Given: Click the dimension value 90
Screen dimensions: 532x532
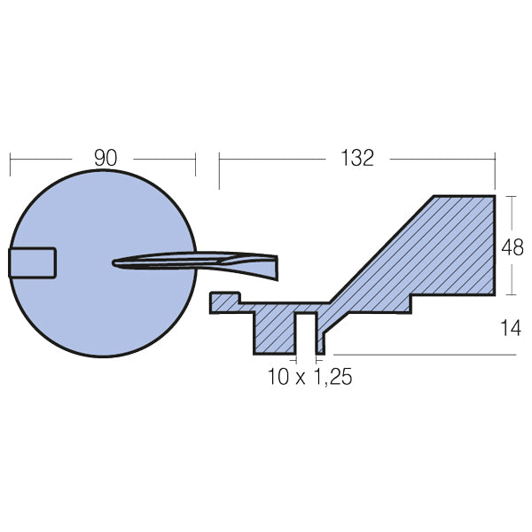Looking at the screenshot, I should tap(105, 158).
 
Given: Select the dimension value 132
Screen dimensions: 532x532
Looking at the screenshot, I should tap(356, 158).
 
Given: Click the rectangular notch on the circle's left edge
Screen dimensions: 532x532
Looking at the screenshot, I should tap(33, 263).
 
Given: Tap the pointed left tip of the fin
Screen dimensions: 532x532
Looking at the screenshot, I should tap(116, 262).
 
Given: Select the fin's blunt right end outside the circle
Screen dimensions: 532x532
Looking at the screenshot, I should tap(274, 263).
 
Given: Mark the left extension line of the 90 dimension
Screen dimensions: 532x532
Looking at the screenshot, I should tap(10, 164).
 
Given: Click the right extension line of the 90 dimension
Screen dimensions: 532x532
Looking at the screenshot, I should tap(195, 164).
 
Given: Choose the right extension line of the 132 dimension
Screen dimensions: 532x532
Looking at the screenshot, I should tap(495, 168).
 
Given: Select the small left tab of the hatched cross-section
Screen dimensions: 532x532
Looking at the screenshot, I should tap(224, 302).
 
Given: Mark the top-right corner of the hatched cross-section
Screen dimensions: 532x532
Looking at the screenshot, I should tap(493, 196).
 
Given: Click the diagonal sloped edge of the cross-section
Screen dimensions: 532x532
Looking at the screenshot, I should tap(381, 249).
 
